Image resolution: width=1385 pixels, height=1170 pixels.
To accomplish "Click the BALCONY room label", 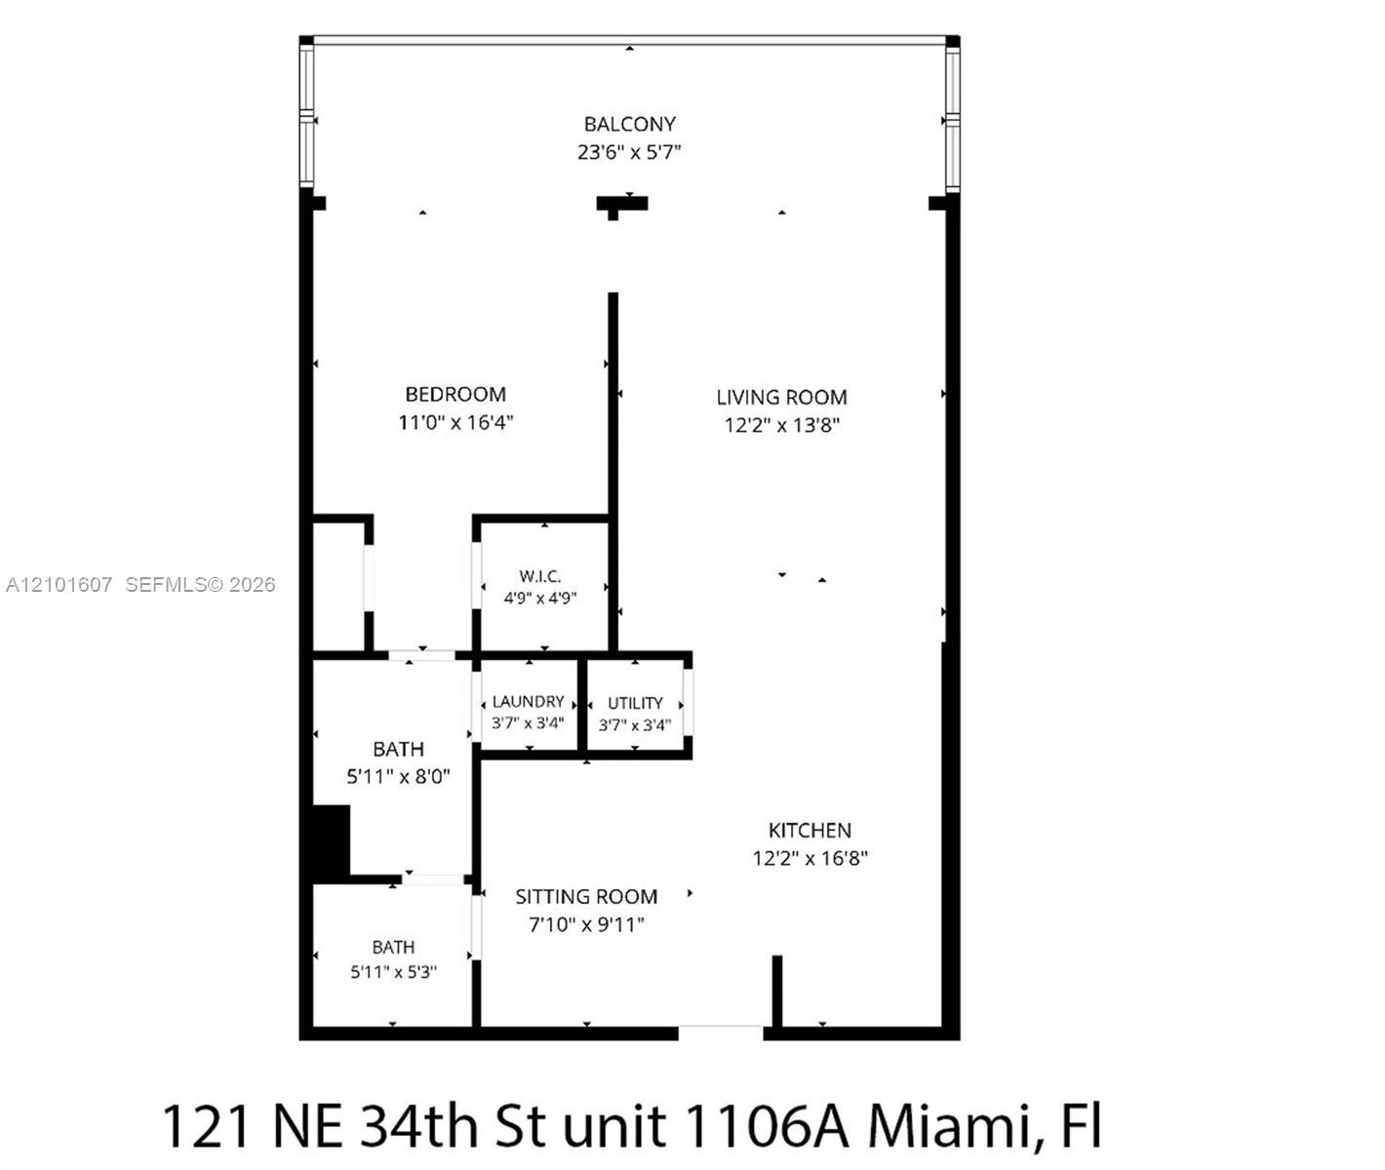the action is coord(629,124).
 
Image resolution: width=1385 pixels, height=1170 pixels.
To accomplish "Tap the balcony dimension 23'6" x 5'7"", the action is coord(629,152).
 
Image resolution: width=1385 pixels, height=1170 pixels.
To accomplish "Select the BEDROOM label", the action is coord(455,395).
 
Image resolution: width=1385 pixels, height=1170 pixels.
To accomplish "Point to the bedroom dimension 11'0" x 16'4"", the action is coord(455,422).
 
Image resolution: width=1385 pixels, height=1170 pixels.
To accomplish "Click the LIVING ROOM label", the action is coord(782,397).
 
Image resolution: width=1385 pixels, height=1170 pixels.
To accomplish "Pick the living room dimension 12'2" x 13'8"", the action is coord(782,425).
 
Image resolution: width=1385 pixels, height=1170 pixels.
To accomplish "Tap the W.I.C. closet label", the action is coord(540,576).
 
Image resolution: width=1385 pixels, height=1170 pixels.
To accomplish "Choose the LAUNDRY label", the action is coord(528,702).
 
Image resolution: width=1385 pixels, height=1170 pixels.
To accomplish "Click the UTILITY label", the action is coord(636,703).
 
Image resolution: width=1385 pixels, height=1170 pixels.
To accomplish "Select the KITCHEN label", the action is coord(810,831).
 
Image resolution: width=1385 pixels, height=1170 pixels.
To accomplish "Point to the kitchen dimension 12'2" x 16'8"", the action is coord(810,858).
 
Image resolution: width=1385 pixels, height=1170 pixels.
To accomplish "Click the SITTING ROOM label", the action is coord(586,897).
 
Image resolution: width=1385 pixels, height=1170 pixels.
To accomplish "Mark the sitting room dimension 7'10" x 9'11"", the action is coord(586,924).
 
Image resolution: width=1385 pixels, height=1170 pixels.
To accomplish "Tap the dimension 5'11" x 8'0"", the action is coord(398,777).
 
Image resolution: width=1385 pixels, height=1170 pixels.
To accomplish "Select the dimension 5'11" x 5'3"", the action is coord(393,972).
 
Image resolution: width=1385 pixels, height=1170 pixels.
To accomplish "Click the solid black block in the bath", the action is coord(331,843).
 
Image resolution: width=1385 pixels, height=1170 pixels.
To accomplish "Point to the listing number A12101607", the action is coord(59,584).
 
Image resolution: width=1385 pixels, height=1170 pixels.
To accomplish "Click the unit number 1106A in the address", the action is coord(766,1126).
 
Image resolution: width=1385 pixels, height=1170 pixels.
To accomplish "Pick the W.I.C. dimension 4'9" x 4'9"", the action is coord(540,599).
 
